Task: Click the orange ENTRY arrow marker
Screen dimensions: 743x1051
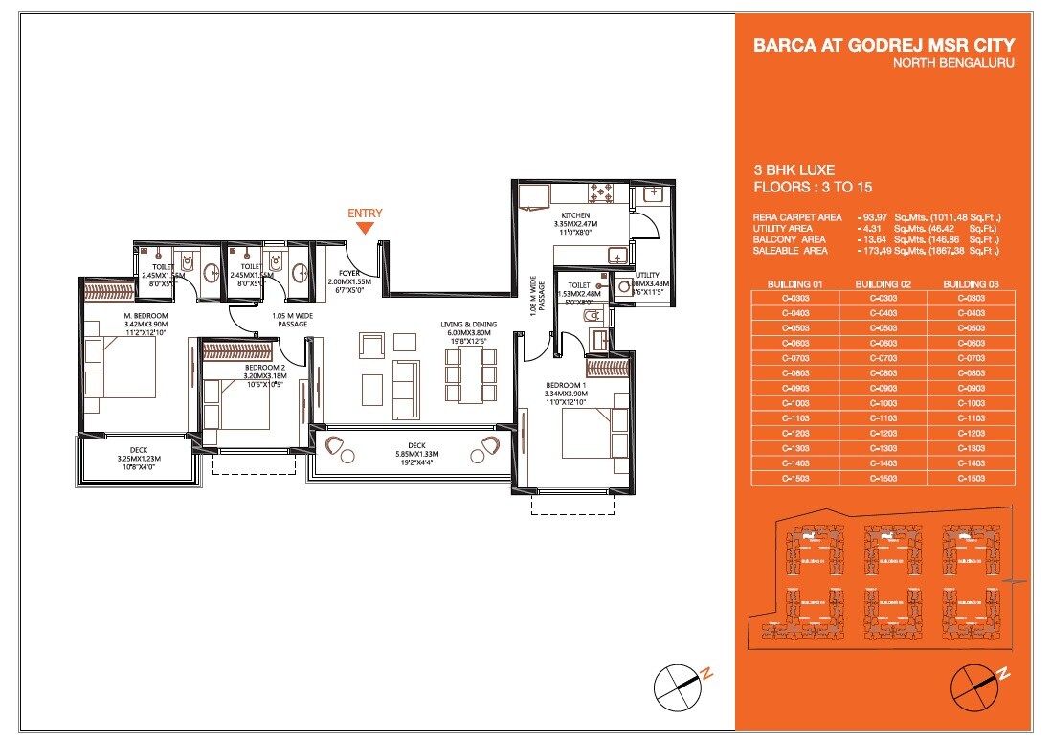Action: (365, 227)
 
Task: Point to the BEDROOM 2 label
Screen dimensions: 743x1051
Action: (238, 368)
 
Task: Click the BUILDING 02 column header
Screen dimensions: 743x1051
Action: (883, 284)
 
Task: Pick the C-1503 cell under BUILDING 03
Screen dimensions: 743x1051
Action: (971, 478)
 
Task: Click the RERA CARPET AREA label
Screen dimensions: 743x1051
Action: (797, 217)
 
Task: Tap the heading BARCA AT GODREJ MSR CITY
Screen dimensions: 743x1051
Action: (883, 46)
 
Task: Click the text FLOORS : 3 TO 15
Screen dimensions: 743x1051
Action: (812, 188)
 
